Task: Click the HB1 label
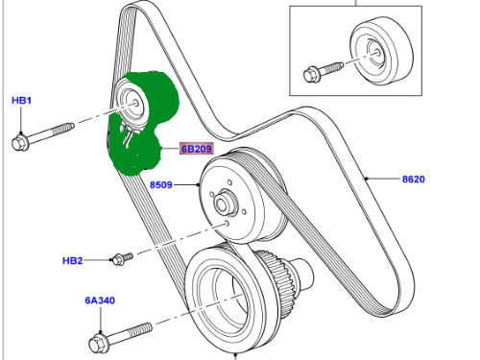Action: (x=21, y=101)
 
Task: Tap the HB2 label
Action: (x=73, y=261)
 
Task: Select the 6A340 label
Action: (x=100, y=300)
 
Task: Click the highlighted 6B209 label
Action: (x=197, y=149)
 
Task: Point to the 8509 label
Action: (x=161, y=185)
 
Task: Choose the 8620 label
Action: (x=414, y=180)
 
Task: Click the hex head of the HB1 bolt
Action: (x=20, y=142)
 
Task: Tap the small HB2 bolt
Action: (x=123, y=258)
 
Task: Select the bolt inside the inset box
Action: (x=324, y=72)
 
